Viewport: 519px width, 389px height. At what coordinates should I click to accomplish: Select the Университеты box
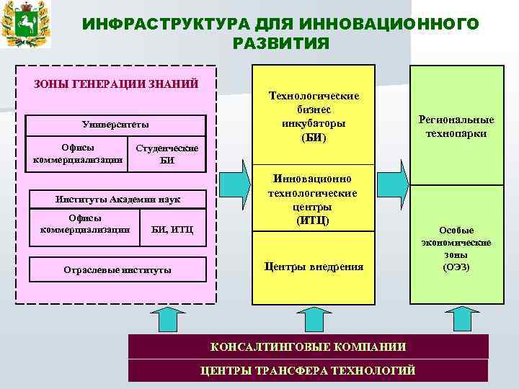115,124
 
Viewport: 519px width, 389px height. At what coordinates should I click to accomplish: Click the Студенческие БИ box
167,154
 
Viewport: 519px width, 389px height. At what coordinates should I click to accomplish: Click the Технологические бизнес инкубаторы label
314,116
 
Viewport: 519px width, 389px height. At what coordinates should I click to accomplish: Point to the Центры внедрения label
314,267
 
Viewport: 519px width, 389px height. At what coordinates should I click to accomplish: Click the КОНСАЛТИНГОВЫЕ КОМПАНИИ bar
308,346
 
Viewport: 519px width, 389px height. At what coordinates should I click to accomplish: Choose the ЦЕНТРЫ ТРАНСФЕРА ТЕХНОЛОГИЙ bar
308,370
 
